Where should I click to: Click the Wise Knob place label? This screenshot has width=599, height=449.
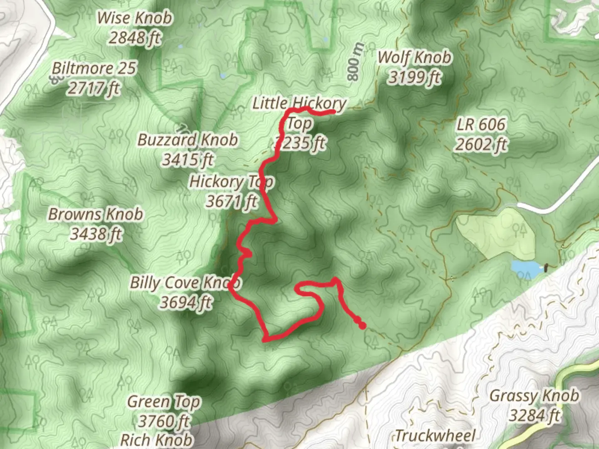(x=134, y=18)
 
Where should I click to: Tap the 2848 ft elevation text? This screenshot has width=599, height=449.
(x=134, y=38)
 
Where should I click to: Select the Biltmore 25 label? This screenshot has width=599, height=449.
(x=94, y=68)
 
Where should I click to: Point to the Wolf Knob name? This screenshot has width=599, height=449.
(x=414, y=57)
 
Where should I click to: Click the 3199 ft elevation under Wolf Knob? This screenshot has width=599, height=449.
(x=414, y=77)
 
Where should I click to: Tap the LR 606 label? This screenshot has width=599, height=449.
(x=481, y=124)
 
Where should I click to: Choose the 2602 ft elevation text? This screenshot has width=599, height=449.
(x=481, y=144)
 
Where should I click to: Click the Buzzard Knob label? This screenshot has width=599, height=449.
(x=188, y=140)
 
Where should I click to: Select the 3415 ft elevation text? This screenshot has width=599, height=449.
(x=188, y=159)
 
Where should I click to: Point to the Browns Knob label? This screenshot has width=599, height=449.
(x=96, y=214)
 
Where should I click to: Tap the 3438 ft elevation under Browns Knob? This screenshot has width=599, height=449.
(x=96, y=234)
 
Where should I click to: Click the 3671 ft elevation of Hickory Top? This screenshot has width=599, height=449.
(x=232, y=202)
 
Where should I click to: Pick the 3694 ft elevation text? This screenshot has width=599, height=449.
(x=186, y=302)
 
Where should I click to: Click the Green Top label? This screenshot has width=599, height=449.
(x=164, y=402)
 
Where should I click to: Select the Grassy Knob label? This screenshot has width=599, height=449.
(x=534, y=395)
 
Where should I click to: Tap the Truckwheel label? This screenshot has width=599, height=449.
(x=435, y=436)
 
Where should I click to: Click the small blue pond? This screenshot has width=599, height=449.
(x=526, y=269)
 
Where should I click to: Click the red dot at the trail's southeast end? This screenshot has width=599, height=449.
(x=362, y=326)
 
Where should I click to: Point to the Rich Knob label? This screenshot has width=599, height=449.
(x=157, y=439)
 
